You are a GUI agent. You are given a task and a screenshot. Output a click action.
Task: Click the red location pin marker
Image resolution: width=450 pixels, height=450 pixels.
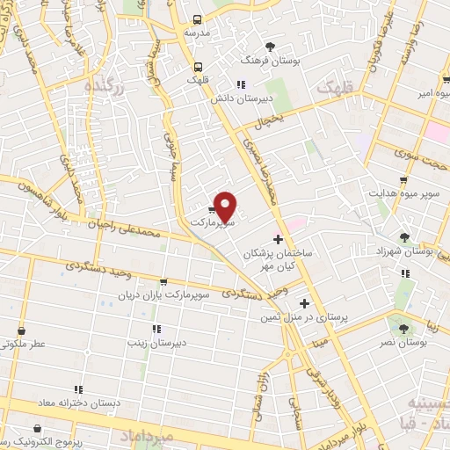click(x=225, y=207)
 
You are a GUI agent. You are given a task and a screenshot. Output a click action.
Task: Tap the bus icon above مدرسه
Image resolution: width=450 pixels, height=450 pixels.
click(x=198, y=18)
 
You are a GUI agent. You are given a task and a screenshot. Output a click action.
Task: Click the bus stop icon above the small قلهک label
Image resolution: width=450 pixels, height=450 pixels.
click(x=198, y=65)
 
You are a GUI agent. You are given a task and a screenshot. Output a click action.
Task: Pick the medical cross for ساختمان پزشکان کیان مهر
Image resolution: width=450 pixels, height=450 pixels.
click(x=278, y=239)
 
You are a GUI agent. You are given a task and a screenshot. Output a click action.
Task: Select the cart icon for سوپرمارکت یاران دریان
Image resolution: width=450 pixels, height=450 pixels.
click(x=163, y=284)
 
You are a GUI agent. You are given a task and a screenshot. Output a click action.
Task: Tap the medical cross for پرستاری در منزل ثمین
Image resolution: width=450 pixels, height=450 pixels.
click(x=304, y=303)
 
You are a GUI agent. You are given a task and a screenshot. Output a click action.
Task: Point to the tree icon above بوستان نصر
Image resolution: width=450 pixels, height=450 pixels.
click(x=403, y=326)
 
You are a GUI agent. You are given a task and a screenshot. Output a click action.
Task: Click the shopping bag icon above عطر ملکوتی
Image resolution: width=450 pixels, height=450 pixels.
click(x=19, y=331)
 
